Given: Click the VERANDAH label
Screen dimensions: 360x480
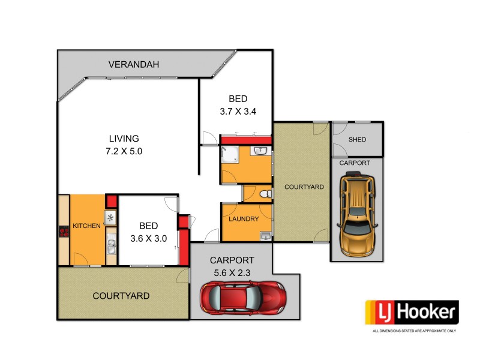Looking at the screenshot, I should [134, 65].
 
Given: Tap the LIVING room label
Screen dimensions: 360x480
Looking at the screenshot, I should [124, 138].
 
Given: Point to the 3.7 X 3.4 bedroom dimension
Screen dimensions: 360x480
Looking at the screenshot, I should [238, 112].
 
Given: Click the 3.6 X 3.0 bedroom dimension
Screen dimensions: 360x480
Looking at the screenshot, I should [149, 238].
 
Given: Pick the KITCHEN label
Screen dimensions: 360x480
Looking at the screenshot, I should [86, 226].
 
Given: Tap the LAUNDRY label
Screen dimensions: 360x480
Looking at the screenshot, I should [244, 219].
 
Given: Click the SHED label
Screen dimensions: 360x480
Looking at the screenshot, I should [357, 140].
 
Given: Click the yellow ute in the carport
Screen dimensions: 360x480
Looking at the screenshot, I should [358, 213].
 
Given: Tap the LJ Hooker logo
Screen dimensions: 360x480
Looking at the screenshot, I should [412, 313].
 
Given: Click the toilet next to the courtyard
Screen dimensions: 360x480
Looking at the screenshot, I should [266, 194].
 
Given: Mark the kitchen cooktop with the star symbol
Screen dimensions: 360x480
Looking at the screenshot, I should [110, 218].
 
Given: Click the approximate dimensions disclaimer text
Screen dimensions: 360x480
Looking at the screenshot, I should [415, 331].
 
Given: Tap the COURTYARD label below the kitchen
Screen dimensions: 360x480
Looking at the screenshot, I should [121, 296].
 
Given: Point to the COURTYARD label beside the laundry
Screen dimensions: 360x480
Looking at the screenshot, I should [304, 187].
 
